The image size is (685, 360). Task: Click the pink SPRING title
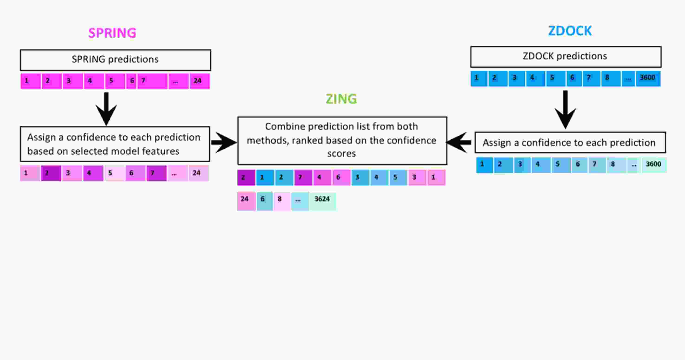[112, 33]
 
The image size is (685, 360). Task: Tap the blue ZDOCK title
[570, 31]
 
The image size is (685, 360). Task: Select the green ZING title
[341, 99]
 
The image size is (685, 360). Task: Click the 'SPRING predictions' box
[115, 60]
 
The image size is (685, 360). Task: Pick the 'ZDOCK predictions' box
[566, 57]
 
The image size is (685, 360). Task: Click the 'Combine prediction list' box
[342, 141]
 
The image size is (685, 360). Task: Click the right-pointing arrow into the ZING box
[224, 142]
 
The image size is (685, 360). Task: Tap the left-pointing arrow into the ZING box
[459, 142]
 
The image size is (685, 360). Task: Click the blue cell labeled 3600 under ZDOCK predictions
[648, 79]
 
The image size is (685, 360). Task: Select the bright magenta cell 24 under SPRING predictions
[199, 81]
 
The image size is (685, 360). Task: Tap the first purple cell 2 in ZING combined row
[246, 177]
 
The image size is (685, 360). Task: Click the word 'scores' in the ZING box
[341, 154]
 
